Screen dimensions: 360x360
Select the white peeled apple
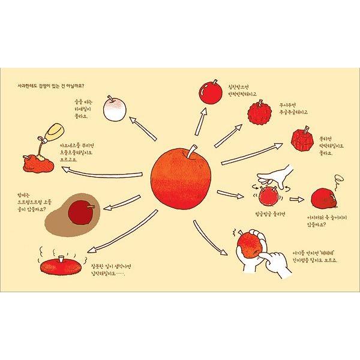(x=116, y=108)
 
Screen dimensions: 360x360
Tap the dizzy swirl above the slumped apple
(x=338, y=178)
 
